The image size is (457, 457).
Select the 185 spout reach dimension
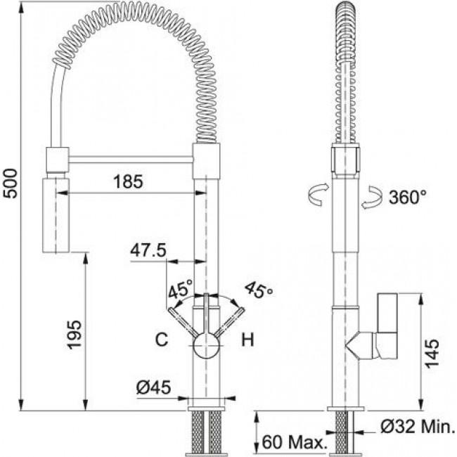tap(128, 181)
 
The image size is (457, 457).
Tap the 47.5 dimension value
tap(148, 250)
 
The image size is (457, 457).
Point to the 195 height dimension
tap(74, 334)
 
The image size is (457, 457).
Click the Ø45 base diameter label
tap(153, 387)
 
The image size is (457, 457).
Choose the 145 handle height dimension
tap(432, 353)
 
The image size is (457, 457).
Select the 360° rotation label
tap(408, 197)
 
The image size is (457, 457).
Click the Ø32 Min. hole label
tap(418, 427)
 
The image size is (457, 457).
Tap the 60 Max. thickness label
tap(294, 442)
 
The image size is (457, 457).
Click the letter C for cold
tap(162, 340)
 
